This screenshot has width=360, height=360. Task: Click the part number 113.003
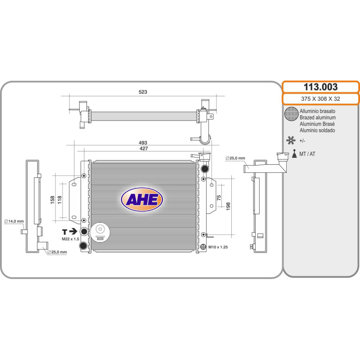[320, 87]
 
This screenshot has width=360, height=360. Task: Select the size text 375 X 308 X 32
[320, 99]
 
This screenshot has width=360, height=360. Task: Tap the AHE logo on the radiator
[142, 199]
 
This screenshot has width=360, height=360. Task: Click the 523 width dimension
[143, 92]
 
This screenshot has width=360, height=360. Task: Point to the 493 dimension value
[143, 143]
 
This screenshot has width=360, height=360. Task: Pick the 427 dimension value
[144, 148]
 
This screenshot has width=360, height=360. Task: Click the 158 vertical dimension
[52, 200]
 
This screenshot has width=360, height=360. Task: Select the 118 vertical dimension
[59, 200]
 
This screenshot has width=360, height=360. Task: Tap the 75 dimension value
[219, 198]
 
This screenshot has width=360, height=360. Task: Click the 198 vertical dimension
[228, 207]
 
